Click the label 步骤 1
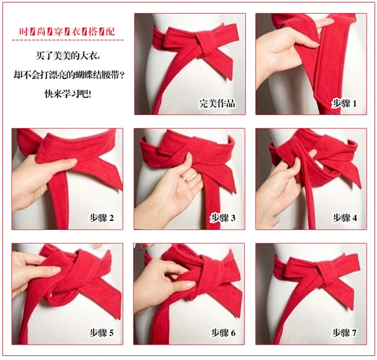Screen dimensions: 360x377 pyautogui.click(x=344, y=104)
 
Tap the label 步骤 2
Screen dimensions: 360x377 pyautogui.click(x=101, y=217)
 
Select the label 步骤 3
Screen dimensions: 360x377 pyautogui.click(x=223, y=217)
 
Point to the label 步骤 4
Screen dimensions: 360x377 pyautogui.click(x=344, y=217)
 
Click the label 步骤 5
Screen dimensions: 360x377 pyautogui.click(x=101, y=333)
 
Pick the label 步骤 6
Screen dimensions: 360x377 pyautogui.click(x=223, y=333)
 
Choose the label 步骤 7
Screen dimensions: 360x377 pyautogui.click(x=344, y=333)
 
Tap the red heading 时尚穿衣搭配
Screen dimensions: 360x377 pyautogui.click(x=66, y=31)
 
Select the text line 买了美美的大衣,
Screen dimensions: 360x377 pyautogui.click(x=68, y=57)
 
